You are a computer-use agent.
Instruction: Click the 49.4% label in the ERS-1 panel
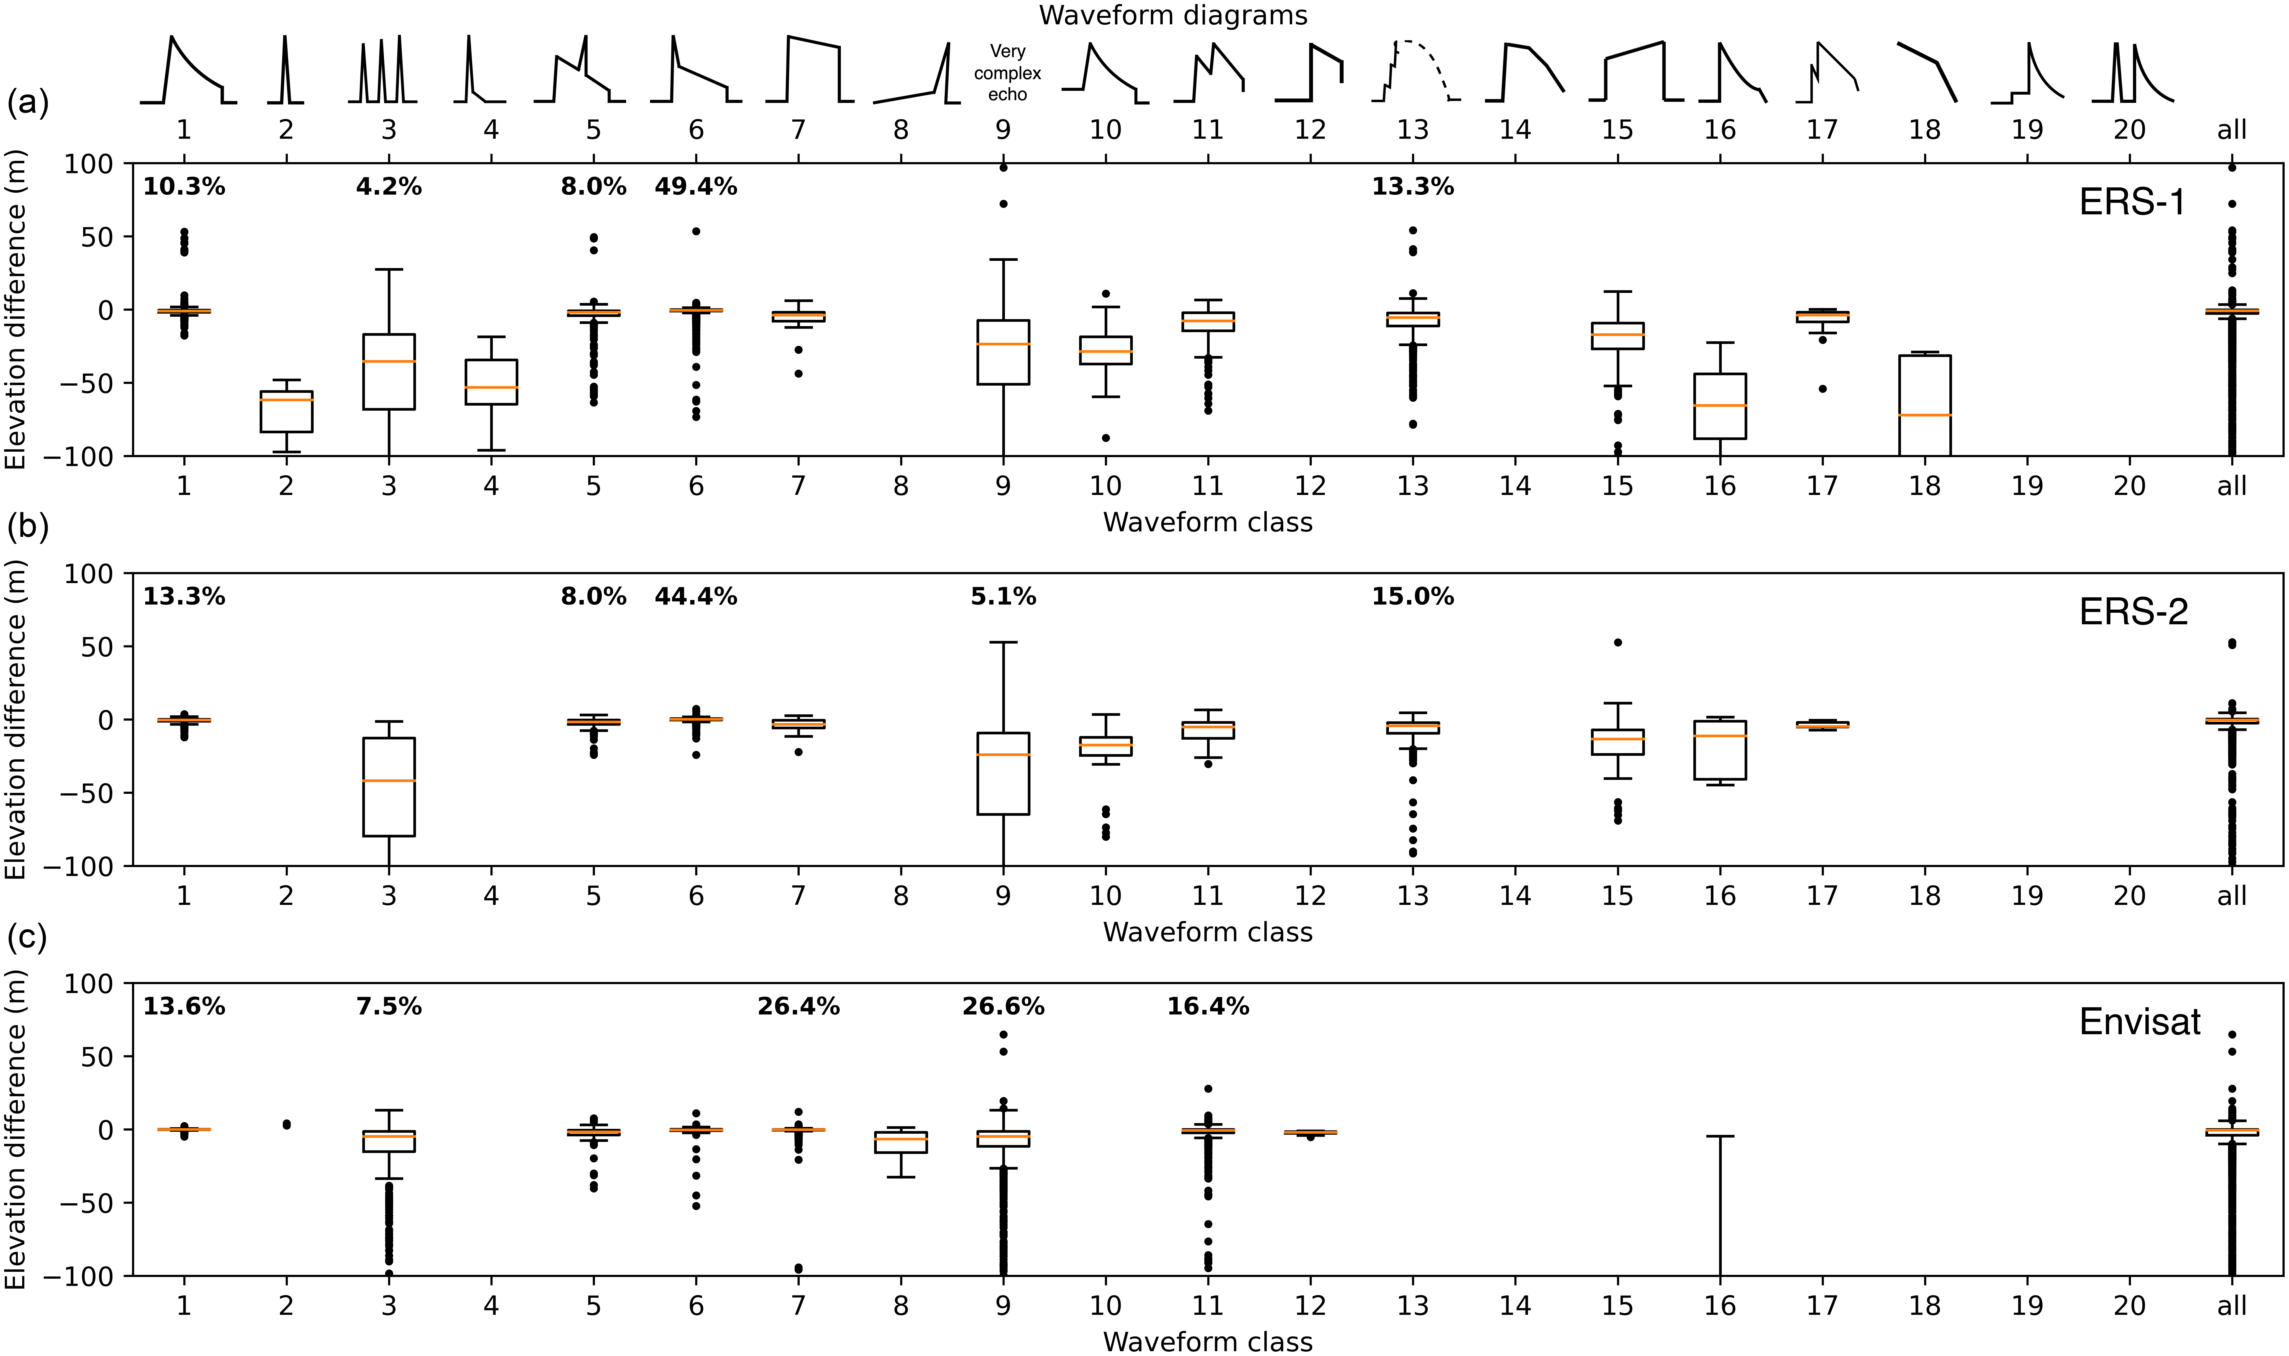(695, 187)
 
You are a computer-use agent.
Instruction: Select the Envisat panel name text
(2139, 1021)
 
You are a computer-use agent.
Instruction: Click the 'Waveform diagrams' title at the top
(1173, 15)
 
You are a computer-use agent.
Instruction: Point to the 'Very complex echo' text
(1007, 73)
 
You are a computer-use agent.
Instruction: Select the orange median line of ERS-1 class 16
(1720, 405)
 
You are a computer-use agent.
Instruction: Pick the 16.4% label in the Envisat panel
(1207, 1007)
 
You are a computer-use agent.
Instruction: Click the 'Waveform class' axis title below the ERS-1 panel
(1207, 522)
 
